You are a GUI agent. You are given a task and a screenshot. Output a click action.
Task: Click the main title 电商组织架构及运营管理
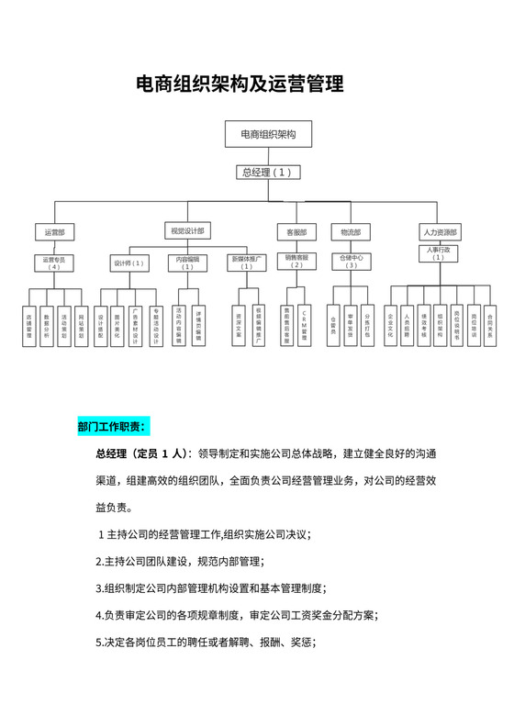(x=240, y=85)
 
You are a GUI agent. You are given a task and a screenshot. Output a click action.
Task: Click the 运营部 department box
(x=54, y=231)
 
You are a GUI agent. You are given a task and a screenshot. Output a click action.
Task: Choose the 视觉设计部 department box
(x=187, y=229)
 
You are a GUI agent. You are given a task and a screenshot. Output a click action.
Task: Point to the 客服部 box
(x=296, y=231)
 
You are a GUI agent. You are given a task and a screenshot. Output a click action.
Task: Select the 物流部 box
(x=350, y=231)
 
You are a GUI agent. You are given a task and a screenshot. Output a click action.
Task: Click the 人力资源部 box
(x=439, y=231)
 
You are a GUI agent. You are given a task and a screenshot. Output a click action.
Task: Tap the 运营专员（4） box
(x=54, y=263)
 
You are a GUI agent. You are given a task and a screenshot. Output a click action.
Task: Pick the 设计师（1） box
(x=129, y=263)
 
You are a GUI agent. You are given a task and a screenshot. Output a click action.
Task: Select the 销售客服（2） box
(x=296, y=262)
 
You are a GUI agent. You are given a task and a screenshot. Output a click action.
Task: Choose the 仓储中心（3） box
(x=351, y=262)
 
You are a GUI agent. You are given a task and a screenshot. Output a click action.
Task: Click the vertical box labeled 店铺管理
(x=29, y=326)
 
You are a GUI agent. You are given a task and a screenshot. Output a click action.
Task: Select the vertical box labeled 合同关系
(x=490, y=326)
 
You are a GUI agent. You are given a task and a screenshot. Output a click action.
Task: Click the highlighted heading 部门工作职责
(x=112, y=426)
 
